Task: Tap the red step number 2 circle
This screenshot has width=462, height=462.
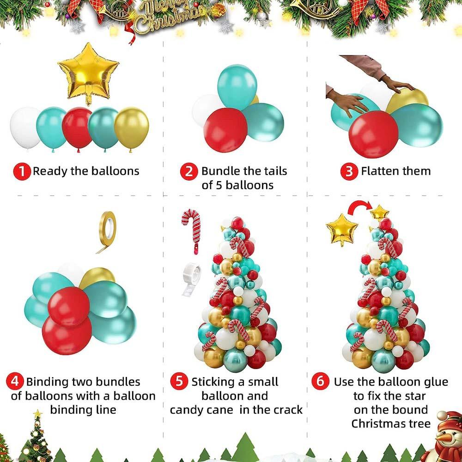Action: pyautogui.click(x=188, y=171)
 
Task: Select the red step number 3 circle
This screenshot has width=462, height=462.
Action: pyautogui.click(x=349, y=171)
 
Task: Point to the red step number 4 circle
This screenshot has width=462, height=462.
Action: pyautogui.click(x=15, y=382)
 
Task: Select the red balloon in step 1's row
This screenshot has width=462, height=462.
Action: pyautogui.click(x=77, y=128)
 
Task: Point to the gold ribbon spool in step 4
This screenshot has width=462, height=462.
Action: pyautogui.click(x=107, y=225)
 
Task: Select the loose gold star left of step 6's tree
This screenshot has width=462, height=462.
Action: pyautogui.click(x=342, y=229)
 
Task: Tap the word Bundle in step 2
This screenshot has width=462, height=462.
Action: pyautogui.click(x=221, y=171)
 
